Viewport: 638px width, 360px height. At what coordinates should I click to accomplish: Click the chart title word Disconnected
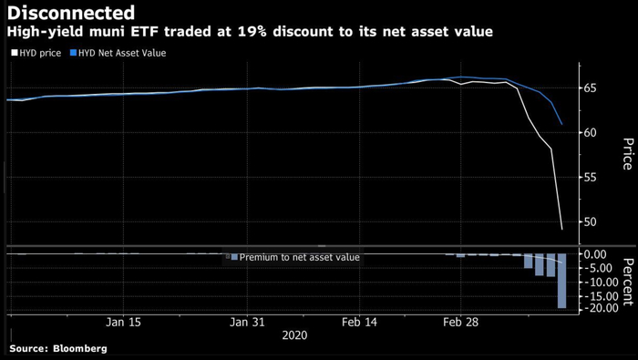click(x=72, y=13)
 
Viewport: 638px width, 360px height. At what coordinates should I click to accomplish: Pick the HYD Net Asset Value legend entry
click(x=122, y=53)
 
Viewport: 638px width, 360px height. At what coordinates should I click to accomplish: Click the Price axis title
click(x=627, y=155)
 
